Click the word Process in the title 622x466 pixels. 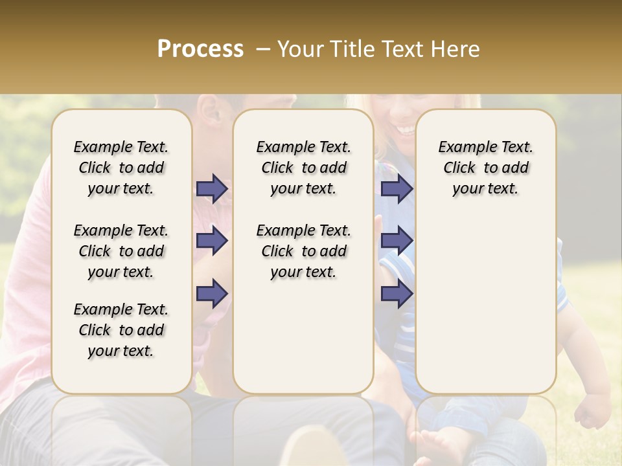click(x=200, y=49)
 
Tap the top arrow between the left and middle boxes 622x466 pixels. click(x=212, y=188)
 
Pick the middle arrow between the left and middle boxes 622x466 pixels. click(x=212, y=241)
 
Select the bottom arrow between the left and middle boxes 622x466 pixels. click(x=212, y=294)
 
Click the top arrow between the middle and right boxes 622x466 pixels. click(x=396, y=188)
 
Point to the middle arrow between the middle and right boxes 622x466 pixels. click(x=396, y=241)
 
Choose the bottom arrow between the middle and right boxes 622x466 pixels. click(x=396, y=294)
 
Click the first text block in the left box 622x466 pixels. click(x=121, y=168)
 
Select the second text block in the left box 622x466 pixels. click(x=121, y=251)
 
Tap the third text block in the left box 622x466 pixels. click(x=121, y=330)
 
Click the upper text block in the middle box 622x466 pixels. click(x=303, y=168)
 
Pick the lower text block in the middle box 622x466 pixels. click(x=303, y=251)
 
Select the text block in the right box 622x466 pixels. click(x=485, y=168)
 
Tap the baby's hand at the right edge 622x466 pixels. click(x=593, y=411)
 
